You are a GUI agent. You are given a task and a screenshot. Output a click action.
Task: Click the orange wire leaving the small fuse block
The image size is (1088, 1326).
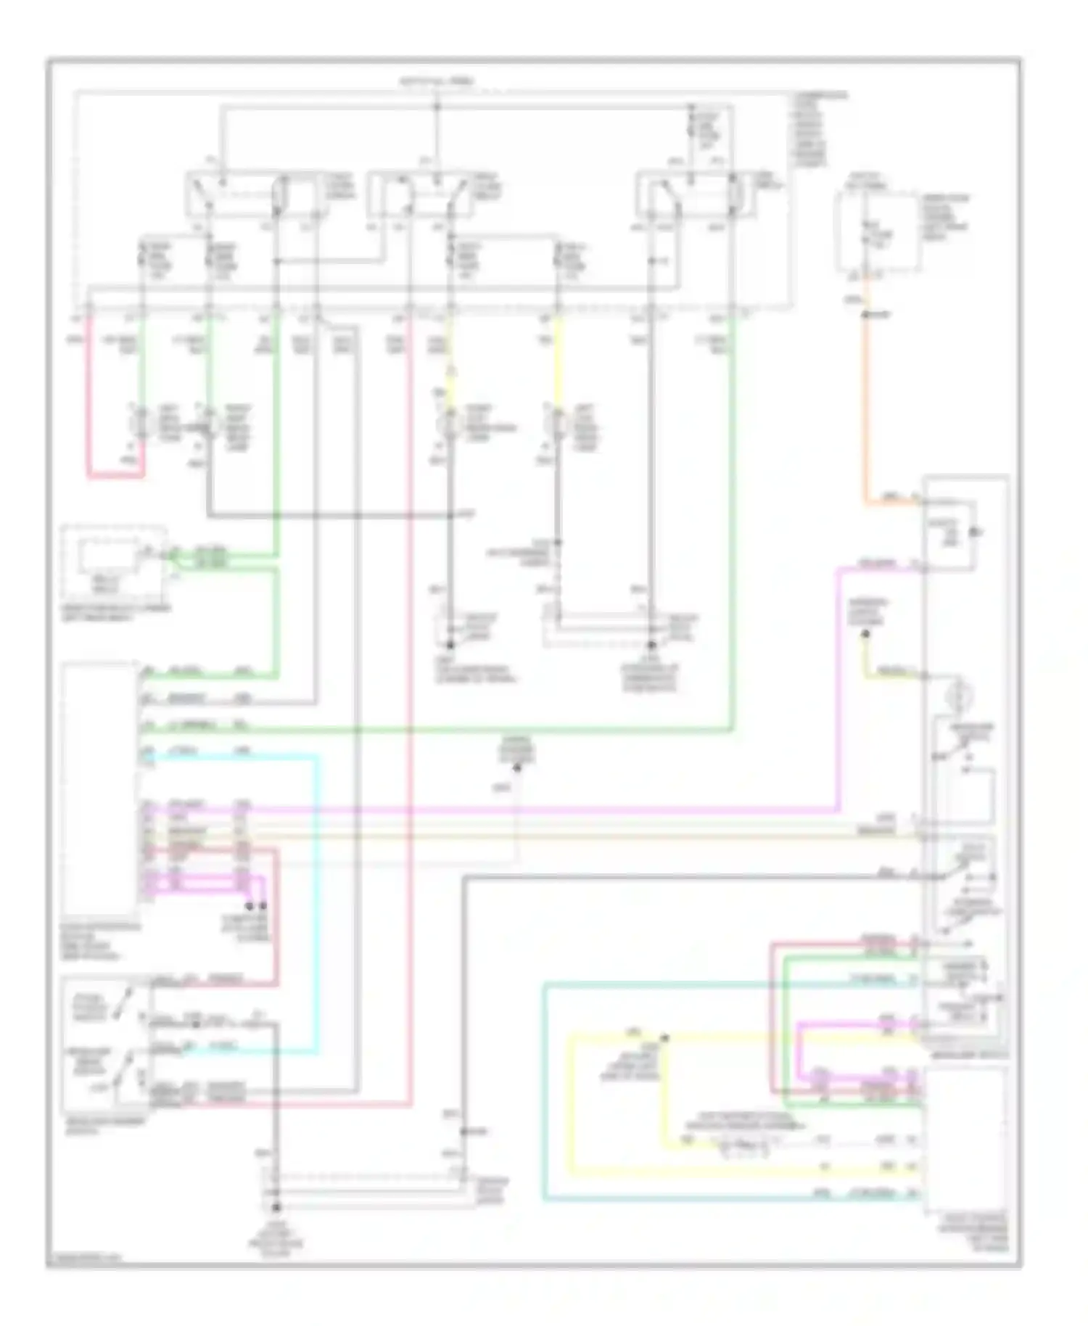pyautogui.click(x=865, y=406)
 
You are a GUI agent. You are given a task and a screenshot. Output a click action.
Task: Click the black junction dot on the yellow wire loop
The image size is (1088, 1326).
pyautogui.click(x=664, y=1038)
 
